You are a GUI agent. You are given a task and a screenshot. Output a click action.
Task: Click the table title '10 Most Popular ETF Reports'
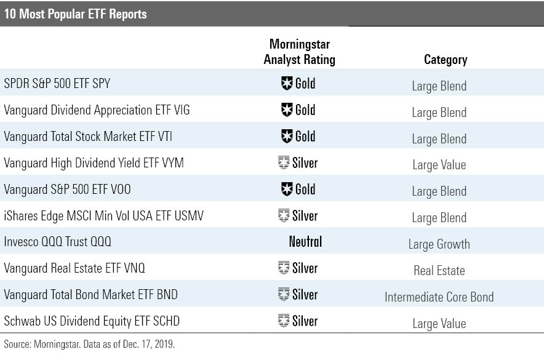coord(76,13)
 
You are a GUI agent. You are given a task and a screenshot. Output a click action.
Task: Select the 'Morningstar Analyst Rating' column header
coord(300,52)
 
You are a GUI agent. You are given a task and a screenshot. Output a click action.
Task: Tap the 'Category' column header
coord(446,60)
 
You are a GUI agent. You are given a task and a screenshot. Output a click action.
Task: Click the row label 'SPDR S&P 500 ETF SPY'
coord(57,84)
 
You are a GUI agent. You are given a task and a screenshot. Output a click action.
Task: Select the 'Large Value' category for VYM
coord(439,165)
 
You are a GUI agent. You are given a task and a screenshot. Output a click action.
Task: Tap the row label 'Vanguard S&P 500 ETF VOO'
coord(72,190)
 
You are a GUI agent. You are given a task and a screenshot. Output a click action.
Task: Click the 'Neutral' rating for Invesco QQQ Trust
coord(305,242)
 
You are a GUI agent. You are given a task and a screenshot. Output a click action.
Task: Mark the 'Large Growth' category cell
coord(439,244)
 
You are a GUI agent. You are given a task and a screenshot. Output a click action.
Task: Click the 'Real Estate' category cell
coord(439,271)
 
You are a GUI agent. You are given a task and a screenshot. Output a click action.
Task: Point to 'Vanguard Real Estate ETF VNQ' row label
coord(74,268)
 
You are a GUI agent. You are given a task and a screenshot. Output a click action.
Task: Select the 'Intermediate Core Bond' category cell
coord(439,297)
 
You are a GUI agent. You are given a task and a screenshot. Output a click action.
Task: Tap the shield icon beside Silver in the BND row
coord(284,295)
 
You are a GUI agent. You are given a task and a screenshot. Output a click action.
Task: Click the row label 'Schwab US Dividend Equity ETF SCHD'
coord(92,321)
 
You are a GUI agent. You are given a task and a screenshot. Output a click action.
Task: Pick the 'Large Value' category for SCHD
coord(439,324)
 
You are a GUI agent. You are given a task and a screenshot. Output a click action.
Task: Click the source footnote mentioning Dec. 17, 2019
coord(89,345)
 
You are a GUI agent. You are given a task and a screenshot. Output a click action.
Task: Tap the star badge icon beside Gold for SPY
coord(286,84)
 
